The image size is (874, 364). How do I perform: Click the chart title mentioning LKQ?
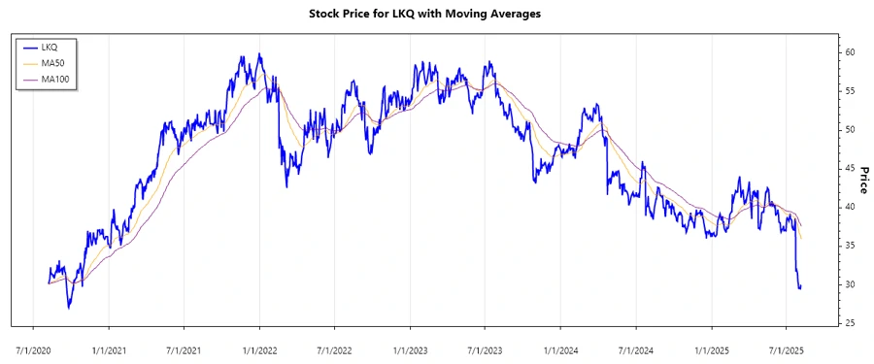coord(437,14)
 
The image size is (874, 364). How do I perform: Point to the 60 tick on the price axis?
coord(849,51)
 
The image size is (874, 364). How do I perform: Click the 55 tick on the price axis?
coord(849,90)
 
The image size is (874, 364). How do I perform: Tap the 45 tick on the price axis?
coord(849,168)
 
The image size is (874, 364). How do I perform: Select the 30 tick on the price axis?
coord(849,284)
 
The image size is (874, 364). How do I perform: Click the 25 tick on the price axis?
coord(849,323)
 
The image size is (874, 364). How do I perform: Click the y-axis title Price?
coord(862,180)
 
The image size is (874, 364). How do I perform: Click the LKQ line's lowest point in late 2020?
coord(69,308)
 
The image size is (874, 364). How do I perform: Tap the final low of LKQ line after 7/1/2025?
coord(799,288)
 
